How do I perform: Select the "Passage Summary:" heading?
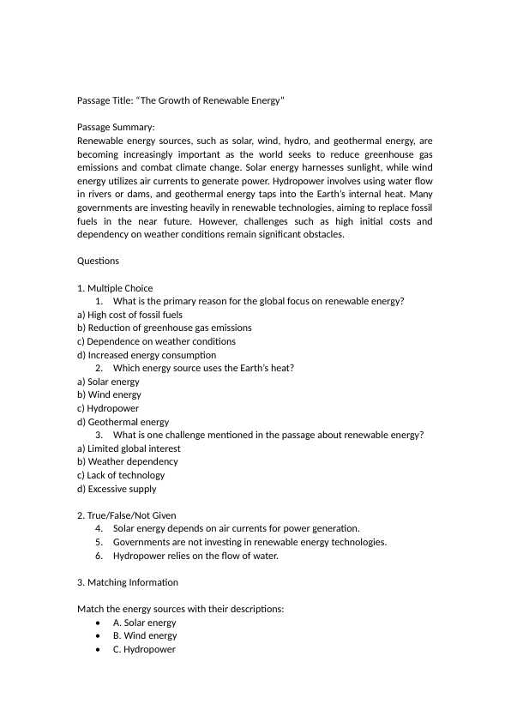(x=116, y=127)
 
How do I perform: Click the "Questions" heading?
(x=98, y=261)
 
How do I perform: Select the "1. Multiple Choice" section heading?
(x=115, y=288)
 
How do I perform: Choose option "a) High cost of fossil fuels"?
(x=129, y=315)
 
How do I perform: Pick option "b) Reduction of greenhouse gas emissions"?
(x=164, y=328)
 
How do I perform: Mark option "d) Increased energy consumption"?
(x=146, y=355)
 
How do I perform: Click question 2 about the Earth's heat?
(x=203, y=368)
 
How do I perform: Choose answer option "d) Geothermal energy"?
(x=123, y=422)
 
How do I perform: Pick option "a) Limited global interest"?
(x=129, y=448)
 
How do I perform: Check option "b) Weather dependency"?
(x=127, y=461)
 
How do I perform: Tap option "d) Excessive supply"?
(x=117, y=489)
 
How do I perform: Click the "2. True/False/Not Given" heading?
(x=126, y=515)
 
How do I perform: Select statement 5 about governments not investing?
(x=249, y=542)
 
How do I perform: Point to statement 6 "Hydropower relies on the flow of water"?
(x=195, y=556)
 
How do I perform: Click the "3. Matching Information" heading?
(x=128, y=582)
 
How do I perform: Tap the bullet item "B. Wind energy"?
(x=145, y=635)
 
